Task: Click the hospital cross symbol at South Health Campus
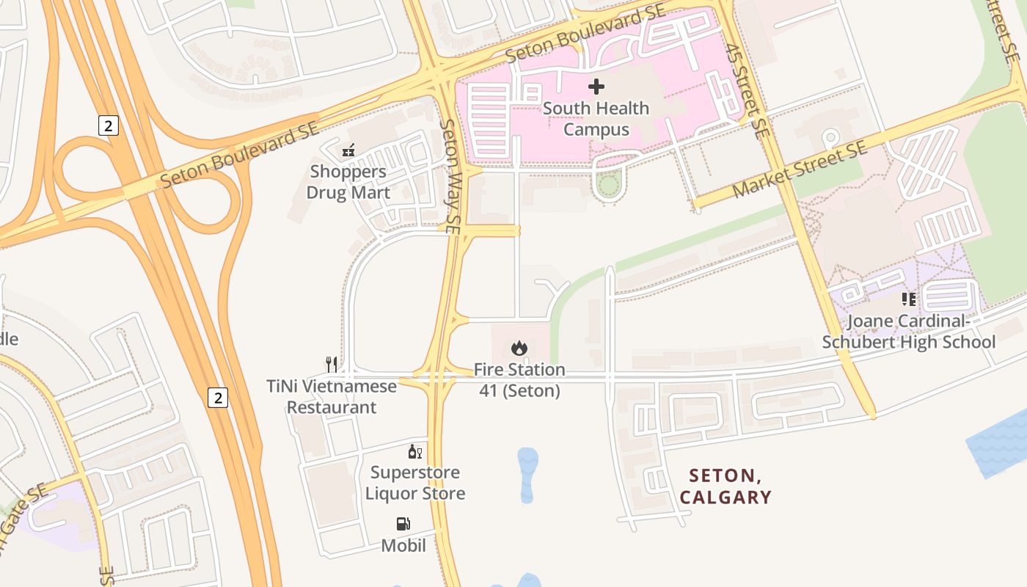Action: pyautogui.click(x=596, y=87)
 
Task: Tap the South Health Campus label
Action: pyautogui.click(x=596, y=119)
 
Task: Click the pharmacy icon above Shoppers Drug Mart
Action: pyautogui.click(x=348, y=151)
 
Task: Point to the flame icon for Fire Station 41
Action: pyautogui.click(x=519, y=348)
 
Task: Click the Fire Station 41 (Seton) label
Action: pyautogui.click(x=519, y=380)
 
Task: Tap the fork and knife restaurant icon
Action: pyautogui.click(x=332, y=364)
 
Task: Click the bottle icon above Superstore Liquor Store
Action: pyautogui.click(x=415, y=452)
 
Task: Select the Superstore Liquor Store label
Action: pyautogui.click(x=415, y=483)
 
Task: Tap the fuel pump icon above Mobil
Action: pyautogui.click(x=403, y=524)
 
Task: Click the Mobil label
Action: pyautogui.click(x=403, y=545)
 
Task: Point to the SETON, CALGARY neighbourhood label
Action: pyautogui.click(x=726, y=487)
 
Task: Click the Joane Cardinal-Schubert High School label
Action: pyautogui.click(x=909, y=332)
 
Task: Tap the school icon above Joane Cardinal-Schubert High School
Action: pyautogui.click(x=909, y=299)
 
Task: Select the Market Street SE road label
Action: pyautogui.click(x=800, y=170)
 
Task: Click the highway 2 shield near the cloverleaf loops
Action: pyautogui.click(x=108, y=125)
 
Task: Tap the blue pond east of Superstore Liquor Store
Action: pyautogui.click(x=527, y=474)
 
